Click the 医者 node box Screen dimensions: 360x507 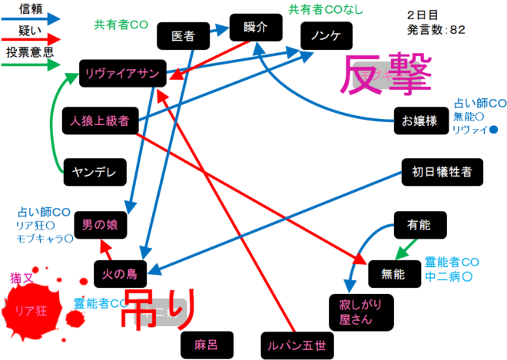(x=183, y=35)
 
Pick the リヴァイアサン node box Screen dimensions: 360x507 (x=122, y=74)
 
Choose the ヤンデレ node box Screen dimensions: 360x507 (x=94, y=172)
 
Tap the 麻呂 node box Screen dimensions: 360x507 (x=207, y=343)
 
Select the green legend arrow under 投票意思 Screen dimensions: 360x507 (x=31, y=65)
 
